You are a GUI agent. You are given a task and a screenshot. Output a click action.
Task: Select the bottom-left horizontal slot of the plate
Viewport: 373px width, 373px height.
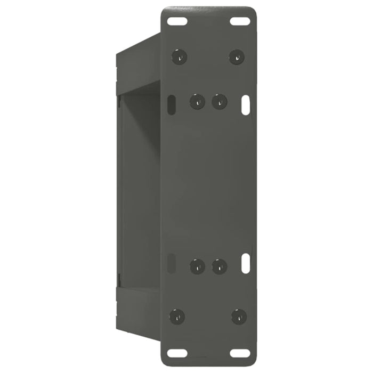(176, 353)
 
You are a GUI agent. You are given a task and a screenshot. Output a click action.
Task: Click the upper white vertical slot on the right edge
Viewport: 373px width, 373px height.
(246, 103)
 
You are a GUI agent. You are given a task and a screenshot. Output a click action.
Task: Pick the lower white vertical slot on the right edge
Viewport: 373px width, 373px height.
(246, 263)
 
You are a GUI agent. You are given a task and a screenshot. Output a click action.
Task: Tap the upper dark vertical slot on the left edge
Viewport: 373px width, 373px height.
(171, 104)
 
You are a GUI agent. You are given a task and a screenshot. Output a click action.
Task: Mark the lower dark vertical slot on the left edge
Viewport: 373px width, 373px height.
(171, 263)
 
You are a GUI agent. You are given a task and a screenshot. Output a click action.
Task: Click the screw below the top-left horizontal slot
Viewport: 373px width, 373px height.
(179, 56)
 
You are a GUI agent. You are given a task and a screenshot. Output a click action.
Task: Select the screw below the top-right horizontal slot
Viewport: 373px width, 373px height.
(237, 56)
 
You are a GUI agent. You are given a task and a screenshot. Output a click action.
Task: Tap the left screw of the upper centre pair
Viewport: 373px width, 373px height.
(198, 101)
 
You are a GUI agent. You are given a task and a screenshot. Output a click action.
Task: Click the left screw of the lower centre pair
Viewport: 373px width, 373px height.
(198, 266)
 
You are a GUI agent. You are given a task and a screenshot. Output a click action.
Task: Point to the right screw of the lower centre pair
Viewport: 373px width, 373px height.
(219, 266)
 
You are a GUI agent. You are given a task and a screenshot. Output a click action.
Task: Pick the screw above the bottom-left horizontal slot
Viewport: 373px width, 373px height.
(177, 316)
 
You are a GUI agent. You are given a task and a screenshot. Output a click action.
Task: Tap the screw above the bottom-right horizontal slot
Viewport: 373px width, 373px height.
(239, 317)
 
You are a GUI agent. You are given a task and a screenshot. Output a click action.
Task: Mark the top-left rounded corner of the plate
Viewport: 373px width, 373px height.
(166, 11)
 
